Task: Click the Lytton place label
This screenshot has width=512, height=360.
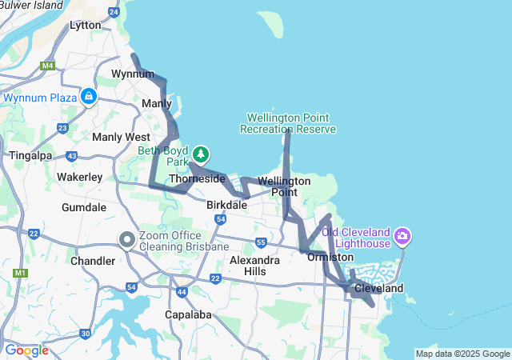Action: click(86, 25)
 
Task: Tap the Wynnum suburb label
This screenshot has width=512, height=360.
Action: click(132, 74)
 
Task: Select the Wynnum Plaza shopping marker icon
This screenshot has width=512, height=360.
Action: click(89, 98)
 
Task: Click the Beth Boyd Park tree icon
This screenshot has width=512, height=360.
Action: click(200, 154)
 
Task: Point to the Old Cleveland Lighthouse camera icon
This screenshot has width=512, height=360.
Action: click(402, 236)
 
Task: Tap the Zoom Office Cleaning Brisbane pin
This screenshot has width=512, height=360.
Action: click(126, 239)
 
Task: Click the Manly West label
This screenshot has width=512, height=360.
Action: click(121, 137)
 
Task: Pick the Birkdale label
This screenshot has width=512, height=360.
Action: click(226, 205)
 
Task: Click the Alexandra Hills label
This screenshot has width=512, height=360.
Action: click(254, 266)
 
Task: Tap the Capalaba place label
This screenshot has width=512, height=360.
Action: click(189, 314)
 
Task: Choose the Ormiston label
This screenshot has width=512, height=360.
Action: click(330, 257)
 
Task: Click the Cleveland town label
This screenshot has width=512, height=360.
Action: click(378, 288)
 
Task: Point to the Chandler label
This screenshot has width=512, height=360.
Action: click(93, 261)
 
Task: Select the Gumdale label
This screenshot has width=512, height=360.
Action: click(84, 207)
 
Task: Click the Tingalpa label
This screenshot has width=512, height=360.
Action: click(29, 154)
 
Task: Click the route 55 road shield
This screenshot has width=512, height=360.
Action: click(261, 242)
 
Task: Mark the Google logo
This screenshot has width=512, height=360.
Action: click(26, 350)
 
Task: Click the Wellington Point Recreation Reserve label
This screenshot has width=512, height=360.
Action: click(288, 123)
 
